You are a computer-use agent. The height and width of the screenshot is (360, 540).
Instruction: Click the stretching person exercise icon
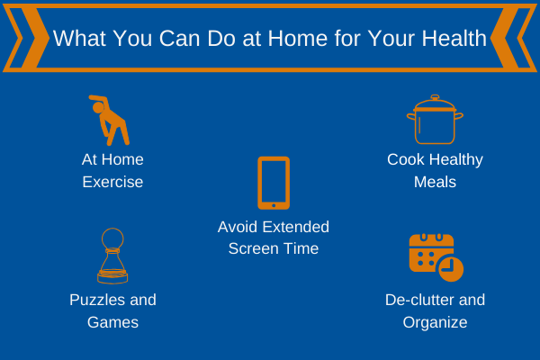[111, 121]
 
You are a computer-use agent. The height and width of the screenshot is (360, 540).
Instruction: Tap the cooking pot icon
[435, 120]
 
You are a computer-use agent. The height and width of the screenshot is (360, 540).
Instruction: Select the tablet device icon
[274, 183]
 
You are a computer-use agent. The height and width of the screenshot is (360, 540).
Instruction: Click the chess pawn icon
[112, 256]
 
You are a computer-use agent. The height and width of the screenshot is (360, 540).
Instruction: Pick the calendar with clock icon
[436, 257]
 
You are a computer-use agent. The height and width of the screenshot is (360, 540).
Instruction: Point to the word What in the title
[79, 38]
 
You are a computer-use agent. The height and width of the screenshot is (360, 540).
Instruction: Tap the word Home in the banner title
[298, 38]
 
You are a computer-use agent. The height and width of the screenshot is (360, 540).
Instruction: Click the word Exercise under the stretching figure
[112, 182]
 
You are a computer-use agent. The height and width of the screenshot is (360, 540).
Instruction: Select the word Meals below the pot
[435, 182]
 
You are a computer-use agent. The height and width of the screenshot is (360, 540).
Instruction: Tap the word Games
[112, 322]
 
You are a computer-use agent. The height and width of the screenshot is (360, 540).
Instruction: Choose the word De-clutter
[418, 300]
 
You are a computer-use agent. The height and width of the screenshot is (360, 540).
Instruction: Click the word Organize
[435, 323]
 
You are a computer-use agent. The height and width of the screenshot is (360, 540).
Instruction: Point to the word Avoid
[238, 227]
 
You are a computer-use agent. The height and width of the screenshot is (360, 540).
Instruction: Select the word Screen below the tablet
[251, 248]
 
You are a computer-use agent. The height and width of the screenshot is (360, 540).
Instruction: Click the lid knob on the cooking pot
[435, 97]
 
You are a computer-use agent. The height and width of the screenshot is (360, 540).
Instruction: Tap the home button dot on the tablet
[274, 206]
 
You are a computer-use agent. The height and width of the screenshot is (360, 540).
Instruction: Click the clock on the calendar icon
[451, 269]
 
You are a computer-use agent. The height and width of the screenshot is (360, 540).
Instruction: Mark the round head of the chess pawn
[112, 238]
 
